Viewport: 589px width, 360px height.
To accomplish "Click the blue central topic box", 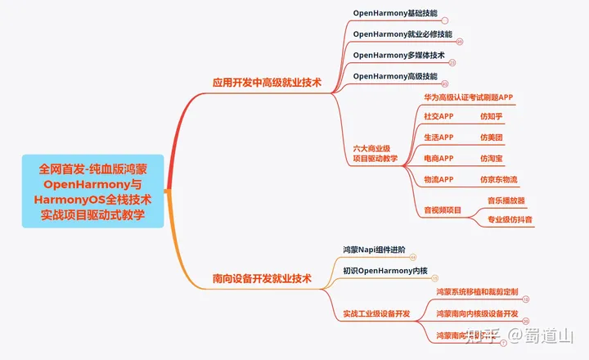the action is (95, 192).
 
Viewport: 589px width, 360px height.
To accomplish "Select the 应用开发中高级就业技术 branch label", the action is (266, 83).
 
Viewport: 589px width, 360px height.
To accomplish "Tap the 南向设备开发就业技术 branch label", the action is (262, 278).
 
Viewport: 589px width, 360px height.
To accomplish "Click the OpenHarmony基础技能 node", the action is (394, 14).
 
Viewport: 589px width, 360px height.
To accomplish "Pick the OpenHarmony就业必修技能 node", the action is (402, 34).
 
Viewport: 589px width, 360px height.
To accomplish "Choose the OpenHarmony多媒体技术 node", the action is (398, 55).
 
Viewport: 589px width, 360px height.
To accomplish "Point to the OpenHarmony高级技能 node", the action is (394, 76).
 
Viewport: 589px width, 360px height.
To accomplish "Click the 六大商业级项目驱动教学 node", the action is (375, 154).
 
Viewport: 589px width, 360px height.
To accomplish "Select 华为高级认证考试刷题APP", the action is (468, 97).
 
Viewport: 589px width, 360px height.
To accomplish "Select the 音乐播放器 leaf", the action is (506, 200).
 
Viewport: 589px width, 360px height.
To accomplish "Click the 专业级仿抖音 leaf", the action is (510, 219).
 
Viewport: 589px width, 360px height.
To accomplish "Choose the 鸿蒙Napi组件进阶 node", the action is (374, 250).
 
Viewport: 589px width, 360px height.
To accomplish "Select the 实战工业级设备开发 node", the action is (376, 313).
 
